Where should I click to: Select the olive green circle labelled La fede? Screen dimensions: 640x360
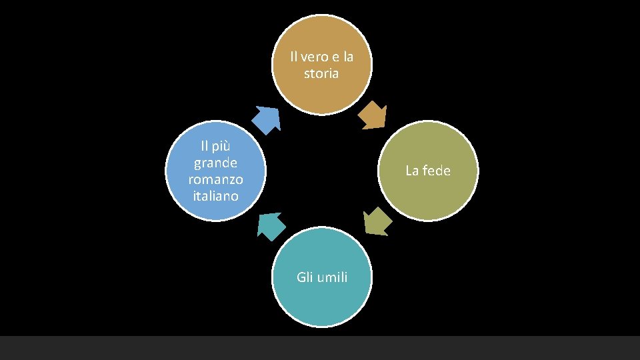point(428,190)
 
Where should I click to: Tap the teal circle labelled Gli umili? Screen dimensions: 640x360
point(322,300)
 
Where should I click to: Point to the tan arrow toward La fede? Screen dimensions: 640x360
point(372,115)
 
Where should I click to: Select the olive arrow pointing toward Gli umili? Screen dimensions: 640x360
point(377,221)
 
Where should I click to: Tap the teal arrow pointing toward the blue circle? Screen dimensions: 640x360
point(271,225)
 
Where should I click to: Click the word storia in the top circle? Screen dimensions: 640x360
point(321,73)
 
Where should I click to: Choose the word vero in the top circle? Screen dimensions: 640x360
point(314,56)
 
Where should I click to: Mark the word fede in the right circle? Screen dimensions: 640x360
point(437,171)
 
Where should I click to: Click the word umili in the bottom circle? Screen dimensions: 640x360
point(332,277)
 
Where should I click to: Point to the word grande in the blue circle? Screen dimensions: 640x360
point(215,162)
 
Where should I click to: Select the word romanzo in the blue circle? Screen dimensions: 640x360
point(215,179)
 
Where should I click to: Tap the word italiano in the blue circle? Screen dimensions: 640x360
point(215,196)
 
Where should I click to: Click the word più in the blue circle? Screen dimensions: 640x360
point(222,145)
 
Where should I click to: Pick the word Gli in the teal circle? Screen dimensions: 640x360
point(305,277)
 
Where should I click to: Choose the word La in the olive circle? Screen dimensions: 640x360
point(413,171)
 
